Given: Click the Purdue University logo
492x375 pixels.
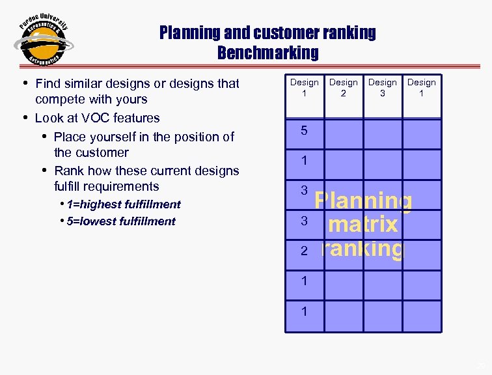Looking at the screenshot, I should pyautogui.click(x=43, y=40).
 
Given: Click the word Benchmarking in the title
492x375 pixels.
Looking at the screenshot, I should pyautogui.click(x=267, y=52).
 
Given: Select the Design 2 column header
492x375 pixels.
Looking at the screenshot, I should pyautogui.click(x=343, y=87).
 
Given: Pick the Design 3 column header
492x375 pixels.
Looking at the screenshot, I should pyautogui.click(x=382, y=87).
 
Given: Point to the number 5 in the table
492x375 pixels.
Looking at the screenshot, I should pyautogui.click(x=304, y=131).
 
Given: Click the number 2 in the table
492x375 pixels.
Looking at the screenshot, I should pyautogui.click(x=304, y=251).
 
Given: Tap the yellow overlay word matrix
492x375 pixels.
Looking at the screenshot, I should pyautogui.click(x=363, y=225).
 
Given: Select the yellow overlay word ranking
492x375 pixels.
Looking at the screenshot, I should pyautogui.click(x=362, y=249).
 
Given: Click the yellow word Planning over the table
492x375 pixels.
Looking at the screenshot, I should pyautogui.click(x=363, y=201).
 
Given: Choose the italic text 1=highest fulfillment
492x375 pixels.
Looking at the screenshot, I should pyautogui.click(x=123, y=204).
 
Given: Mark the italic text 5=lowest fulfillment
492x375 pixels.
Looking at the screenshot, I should pyautogui.click(x=120, y=221).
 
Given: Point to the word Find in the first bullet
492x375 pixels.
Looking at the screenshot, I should pyautogui.click(x=48, y=83).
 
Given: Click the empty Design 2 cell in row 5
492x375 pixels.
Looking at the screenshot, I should pyautogui.click(x=343, y=134).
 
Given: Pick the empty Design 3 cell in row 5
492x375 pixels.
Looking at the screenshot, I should pyautogui.click(x=382, y=134).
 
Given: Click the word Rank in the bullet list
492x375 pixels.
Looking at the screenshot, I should pyautogui.click(x=68, y=171).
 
